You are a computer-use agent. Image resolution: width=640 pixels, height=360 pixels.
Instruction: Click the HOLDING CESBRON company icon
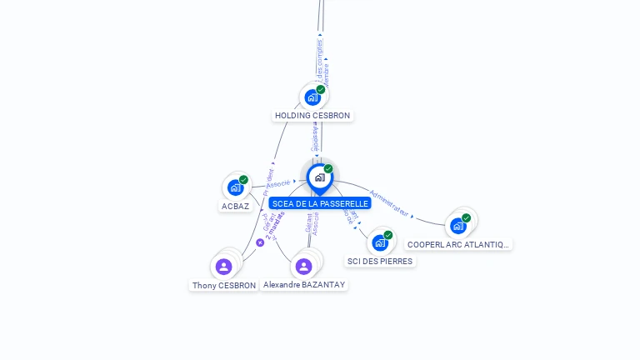(x=312, y=97)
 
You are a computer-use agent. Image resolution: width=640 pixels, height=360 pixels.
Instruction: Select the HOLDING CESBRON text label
(x=312, y=116)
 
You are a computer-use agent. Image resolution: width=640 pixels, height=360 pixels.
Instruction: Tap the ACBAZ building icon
(x=235, y=187)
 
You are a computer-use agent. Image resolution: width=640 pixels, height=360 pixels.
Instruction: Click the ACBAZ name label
(x=235, y=206)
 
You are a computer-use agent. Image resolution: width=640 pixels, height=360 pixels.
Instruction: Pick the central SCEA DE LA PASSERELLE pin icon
(x=319, y=177)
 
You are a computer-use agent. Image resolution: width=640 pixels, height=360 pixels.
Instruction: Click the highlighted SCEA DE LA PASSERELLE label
(x=319, y=203)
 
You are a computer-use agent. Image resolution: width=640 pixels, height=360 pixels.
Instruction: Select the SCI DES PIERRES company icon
(x=380, y=242)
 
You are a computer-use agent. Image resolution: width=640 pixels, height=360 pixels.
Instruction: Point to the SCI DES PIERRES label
(x=379, y=261)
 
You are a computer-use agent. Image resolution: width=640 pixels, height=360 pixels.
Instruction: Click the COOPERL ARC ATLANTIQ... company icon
(x=457, y=225)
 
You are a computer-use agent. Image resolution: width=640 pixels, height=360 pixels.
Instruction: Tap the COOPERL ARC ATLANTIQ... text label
(x=457, y=244)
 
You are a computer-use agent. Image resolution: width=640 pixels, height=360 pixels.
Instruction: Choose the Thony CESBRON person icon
(x=223, y=267)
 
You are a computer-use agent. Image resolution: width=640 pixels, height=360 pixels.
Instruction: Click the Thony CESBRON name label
(x=224, y=285)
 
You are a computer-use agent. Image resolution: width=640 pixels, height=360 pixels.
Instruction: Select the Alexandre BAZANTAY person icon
(x=303, y=267)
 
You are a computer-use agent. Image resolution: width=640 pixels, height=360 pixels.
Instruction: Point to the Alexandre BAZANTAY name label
(x=303, y=284)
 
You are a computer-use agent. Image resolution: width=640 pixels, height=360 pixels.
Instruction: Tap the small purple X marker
(x=260, y=242)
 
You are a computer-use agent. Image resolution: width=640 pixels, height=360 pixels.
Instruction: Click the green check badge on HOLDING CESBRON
(x=321, y=89)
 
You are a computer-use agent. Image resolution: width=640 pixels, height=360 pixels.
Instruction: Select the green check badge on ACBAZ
(x=243, y=179)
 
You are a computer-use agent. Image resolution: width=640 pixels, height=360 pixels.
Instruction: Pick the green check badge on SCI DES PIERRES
(x=388, y=235)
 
